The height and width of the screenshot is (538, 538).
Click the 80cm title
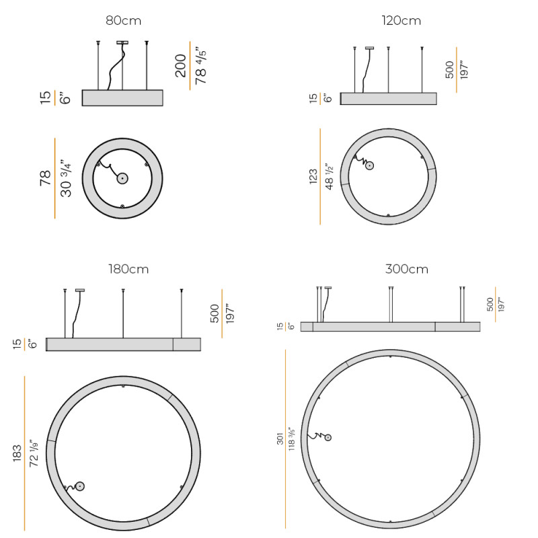point(124,21)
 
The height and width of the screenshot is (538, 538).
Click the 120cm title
point(401,21)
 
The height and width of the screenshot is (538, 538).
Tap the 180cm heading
point(128,269)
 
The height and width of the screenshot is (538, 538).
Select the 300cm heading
point(407,269)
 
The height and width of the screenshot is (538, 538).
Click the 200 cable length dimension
point(181,65)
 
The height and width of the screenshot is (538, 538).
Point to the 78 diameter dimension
point(45,179)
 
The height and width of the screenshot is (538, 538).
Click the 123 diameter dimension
point(313,177)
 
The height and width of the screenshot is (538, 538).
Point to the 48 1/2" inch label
point(330,177)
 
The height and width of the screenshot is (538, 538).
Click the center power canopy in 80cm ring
point(122,179)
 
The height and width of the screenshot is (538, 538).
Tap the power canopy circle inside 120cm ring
point(369,165)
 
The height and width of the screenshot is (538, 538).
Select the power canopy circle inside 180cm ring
point(80,486)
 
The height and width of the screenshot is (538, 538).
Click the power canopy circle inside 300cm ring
point(328,438)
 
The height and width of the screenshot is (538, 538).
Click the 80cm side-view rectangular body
point(122,98)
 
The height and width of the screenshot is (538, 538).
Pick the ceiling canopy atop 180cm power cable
point(80,290)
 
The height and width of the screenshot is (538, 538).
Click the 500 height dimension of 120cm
point(449,70)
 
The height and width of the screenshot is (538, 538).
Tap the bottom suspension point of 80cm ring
point(122,206)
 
